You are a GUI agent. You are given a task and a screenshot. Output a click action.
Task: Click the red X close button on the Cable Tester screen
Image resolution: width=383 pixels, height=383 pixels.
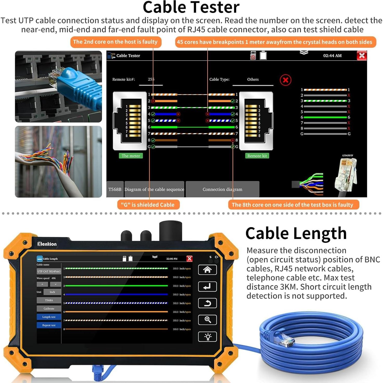click(362, 56)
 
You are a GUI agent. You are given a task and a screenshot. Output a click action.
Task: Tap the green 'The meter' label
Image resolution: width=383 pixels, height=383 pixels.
click(131, 156)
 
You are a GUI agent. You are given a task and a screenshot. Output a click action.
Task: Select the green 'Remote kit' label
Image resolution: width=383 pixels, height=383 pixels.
click(257, 156)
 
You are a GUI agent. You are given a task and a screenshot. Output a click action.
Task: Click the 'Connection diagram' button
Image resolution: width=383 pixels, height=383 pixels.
click(222, 189)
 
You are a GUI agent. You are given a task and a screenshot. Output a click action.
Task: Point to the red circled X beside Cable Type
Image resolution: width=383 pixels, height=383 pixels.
click(285, 80)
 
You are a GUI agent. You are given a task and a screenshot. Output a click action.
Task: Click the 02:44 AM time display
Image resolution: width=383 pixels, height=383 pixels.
click(332, 56)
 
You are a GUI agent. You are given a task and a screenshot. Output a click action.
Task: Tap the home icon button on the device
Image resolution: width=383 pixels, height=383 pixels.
click(207, 270)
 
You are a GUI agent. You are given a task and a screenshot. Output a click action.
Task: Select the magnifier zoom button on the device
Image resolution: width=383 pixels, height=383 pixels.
click(207, 320)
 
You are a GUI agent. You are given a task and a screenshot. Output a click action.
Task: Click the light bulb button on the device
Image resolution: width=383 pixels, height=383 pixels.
click(207, 337)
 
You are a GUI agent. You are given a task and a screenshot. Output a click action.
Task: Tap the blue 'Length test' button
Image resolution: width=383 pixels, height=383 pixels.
click(49, 317)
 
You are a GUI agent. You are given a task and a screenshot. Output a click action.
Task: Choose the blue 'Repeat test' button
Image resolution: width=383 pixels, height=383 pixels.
click(49, 325)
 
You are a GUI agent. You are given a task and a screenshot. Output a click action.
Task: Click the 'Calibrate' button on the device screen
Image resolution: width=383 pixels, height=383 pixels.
click(49, 309)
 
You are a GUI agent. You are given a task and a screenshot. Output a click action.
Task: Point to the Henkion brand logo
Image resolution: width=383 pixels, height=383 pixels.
click(47, 244)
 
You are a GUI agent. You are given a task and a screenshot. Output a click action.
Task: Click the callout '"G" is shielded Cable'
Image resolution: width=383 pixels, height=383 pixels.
click(148, 205)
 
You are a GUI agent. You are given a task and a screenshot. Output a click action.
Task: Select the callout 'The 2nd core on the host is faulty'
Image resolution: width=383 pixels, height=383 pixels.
click(115, 42)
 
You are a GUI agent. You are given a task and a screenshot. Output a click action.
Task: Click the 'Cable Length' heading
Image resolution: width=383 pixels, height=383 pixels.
click(296, 233)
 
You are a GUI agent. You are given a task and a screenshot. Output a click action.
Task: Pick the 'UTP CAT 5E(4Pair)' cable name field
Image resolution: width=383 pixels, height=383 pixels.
click(49, 271)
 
